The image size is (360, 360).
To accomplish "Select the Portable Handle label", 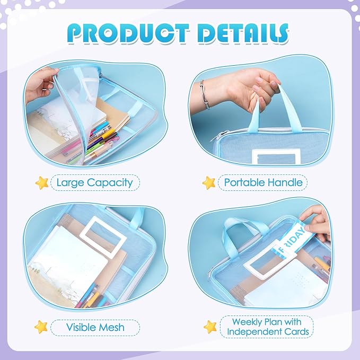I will (263, 183).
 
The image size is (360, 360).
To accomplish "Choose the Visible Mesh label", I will (95, 327).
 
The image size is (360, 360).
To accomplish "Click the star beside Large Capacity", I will (42, 183).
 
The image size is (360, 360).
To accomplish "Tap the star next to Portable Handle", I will (208, 183).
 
